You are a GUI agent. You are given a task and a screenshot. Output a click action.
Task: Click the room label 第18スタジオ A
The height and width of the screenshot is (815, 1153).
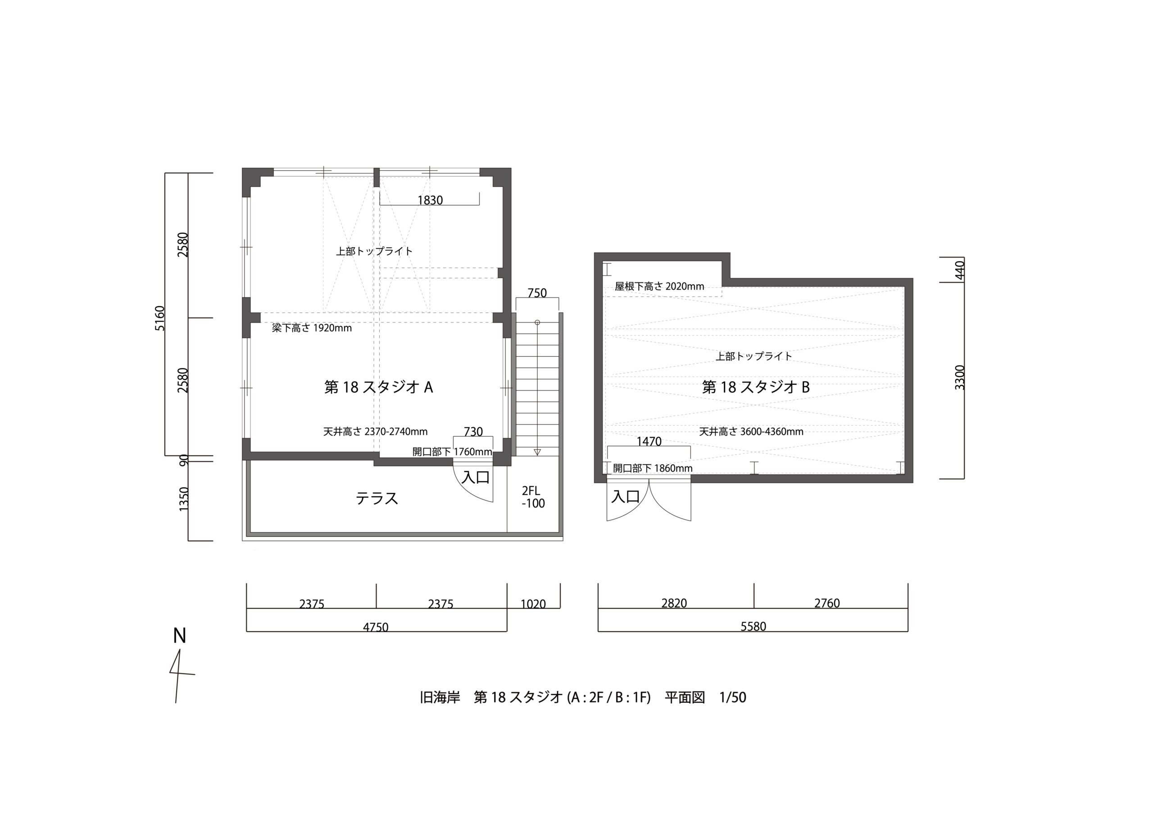[379, 387]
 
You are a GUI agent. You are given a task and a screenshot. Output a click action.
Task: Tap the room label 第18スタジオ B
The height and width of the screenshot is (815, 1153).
[756, 387]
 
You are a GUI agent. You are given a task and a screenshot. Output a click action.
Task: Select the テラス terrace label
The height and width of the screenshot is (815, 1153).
[377, 498]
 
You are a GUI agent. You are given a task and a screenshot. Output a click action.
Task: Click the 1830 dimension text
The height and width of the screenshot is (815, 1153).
[430, 200]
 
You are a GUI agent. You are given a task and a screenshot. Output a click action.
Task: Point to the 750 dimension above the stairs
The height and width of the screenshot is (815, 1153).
[537, 293]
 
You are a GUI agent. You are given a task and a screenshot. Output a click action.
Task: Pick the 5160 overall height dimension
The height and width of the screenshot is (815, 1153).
[160, 318]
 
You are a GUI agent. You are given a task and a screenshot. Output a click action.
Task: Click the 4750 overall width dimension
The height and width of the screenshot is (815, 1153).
[376, 627]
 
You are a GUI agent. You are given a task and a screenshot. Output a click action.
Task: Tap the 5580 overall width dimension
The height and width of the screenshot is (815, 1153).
[753, 626]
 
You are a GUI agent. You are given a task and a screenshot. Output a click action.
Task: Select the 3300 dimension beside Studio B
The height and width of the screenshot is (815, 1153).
[960, 377]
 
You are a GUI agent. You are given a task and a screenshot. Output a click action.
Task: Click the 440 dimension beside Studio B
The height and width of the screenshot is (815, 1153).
[960, 270]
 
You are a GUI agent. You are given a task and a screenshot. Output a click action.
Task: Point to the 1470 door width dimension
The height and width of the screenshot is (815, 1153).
[649, 441]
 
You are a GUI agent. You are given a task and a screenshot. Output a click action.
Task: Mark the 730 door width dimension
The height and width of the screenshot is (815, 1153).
[473, 432]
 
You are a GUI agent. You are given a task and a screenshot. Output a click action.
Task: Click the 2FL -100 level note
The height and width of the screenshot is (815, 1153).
[533, 497]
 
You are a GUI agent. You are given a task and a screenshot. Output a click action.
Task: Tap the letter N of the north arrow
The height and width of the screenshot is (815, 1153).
[179, 636]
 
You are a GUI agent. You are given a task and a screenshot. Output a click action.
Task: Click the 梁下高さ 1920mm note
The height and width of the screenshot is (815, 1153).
[312, 328]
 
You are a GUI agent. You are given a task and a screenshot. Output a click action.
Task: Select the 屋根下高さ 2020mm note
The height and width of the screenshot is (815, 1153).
[659, 286]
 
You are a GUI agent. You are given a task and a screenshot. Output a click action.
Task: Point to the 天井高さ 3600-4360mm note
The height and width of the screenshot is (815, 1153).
[751, 431]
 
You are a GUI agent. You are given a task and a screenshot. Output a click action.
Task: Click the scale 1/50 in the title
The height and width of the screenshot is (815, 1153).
[733, 697]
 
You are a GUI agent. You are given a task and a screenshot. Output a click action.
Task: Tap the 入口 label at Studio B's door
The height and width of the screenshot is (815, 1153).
[626, 497]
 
